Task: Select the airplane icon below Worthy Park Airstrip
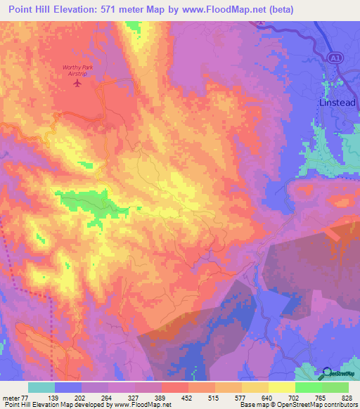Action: pyautogui.click(x=77, y=83)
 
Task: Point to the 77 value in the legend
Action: pyautogui.click(x=26, y=397)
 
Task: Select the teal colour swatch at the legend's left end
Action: pyautogui.click(x=41, y=387)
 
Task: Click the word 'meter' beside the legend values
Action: pyautogui.click(x=11, y=397)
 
